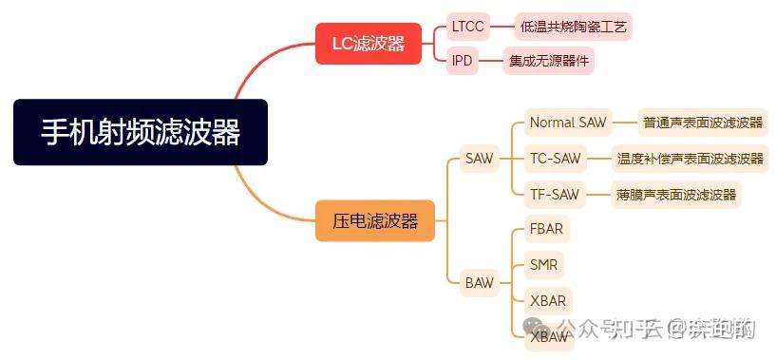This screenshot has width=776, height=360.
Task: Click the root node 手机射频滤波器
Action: coord(141,132)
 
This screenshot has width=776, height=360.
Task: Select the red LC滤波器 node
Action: coord(368,43)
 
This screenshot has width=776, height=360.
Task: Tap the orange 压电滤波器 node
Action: coord(374,220)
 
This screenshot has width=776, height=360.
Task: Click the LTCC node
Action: coord(467,26)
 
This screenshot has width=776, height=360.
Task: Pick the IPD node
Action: coord(462,61)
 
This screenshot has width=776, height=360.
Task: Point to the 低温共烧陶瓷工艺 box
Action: coord(574,26)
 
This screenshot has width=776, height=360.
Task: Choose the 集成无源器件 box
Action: coord(548,61)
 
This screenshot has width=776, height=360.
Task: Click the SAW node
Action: coord(479,159)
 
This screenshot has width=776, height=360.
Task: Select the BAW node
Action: coord(479,282)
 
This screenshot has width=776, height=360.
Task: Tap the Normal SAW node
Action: coord(566,123)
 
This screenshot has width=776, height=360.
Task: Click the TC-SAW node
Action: coord(554,159)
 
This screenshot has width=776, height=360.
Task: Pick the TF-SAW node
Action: coord(554,195)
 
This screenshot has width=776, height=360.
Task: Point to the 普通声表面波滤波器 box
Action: coord(702,123)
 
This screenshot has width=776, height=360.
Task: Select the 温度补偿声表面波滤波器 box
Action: coord(690,159)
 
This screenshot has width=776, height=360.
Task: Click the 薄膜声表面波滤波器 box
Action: coord(676,195)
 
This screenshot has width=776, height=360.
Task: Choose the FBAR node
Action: coord(547,229)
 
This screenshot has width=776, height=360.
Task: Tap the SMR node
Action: coord(543,264)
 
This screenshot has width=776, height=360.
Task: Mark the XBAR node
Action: coord(548,301)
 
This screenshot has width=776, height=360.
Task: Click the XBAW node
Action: coord(549,336)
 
